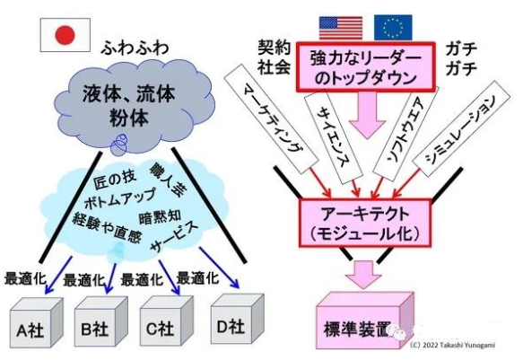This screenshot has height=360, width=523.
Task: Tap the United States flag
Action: pyautogui.click(x=340, y=26)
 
